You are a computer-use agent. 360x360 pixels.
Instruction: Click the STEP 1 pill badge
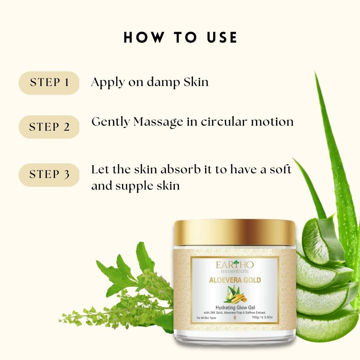click(49, 83)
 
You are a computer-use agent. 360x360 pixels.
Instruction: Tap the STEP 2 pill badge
click(49, 127)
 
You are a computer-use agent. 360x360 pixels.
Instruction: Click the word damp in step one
click(163, 82)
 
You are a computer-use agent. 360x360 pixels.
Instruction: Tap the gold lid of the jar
click(234, 234)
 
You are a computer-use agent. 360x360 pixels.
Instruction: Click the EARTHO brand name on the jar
click(234, 265)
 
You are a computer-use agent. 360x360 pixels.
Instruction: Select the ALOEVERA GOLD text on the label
click(235, 280)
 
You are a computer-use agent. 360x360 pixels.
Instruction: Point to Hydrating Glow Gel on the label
click(235, 307)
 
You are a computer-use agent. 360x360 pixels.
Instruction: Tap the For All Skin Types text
click(206, 318)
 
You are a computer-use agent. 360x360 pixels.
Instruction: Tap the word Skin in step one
click(196, 82)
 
